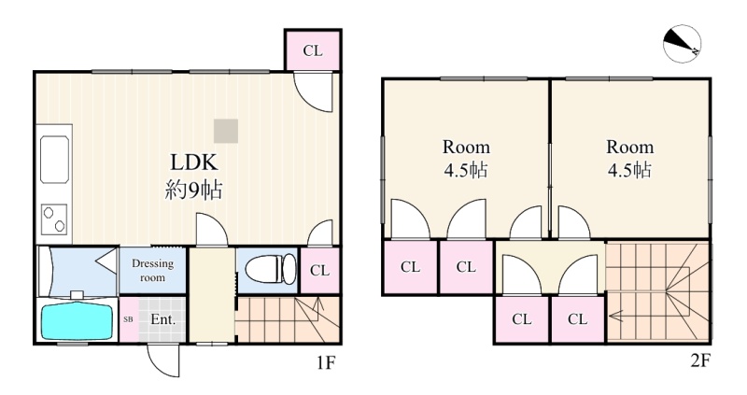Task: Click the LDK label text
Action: [x=194, y=162]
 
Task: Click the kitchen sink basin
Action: [x=55, y=159]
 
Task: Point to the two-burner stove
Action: [x=54, y=219]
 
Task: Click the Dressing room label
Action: [x=152, y=270]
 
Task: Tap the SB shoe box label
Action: [x=128, y=319]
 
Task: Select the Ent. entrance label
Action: [x=162, y=319]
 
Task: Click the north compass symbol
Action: [x=682, y=43]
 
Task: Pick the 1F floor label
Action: [x=326, y=363]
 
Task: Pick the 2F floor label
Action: [x=699, y=360]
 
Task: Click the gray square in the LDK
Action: [x=226, y=131]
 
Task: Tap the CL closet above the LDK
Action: [x=313, y=50]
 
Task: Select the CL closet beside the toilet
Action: [x=319, y=271]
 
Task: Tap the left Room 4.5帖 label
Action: [x=466, y=158]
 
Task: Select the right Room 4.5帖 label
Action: [x=629, y=158]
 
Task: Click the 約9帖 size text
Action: [x=193, y=190]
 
